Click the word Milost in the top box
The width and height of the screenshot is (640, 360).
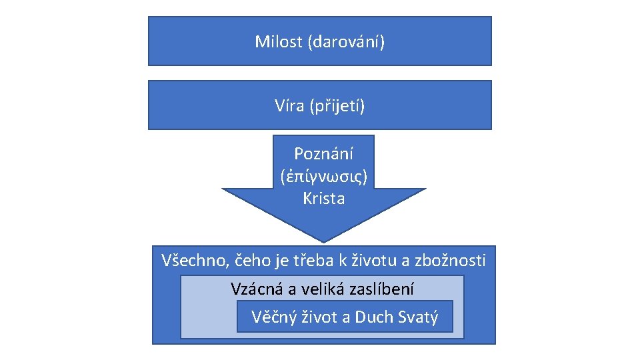279,42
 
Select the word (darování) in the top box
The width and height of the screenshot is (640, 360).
346,43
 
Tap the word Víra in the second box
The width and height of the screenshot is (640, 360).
289,105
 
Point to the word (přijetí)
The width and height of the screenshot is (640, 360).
337,106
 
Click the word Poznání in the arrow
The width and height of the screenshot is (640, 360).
324,154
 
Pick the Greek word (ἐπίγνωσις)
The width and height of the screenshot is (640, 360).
324,177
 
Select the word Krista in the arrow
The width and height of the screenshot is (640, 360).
324,199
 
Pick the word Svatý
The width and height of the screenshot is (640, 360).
419,317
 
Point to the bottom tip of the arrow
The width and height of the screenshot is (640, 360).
324,241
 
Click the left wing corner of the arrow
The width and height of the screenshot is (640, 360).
223,189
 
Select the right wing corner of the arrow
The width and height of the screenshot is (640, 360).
425,189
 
